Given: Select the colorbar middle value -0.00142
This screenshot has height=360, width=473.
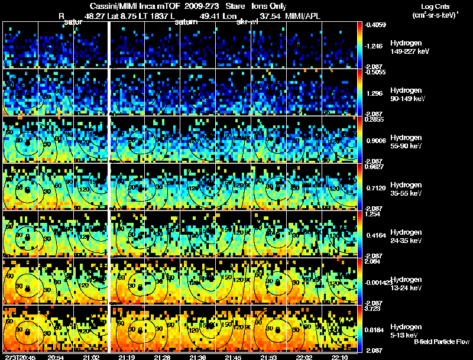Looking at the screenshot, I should pyautogui.click(x=376, y=283).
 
